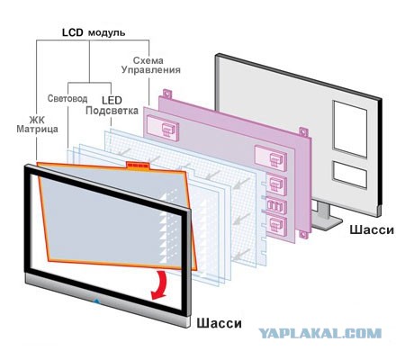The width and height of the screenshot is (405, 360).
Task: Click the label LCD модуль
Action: [x=94, y=32]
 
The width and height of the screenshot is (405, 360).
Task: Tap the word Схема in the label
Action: [x=148, y=60]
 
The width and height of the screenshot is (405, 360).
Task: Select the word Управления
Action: [x=151, y=70]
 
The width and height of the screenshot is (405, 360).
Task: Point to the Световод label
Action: [x=67, y=98]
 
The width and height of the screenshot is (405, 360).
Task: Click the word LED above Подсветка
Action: [x=112, y=100]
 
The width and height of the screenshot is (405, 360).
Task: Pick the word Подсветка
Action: [x=112, y=111]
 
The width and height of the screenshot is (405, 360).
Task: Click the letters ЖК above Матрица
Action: [x=37, y=120]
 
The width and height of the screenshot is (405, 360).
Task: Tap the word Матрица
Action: [x=37, y=130]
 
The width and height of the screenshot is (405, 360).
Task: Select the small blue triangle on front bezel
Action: [x=96, y=301]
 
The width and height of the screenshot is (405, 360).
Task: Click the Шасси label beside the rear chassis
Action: [x=372, y=229]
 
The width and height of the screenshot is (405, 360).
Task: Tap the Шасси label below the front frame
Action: [x=219, y=323]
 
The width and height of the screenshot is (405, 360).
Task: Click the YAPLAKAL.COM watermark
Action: [x=319, y=333]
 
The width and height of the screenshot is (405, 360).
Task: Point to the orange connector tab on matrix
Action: [x=138, y=166]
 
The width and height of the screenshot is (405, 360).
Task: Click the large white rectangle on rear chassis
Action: [x=350, y=130]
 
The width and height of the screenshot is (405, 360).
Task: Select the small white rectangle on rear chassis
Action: [x=350, y=175]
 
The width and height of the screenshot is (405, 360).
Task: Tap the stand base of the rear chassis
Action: [x=327, y=223]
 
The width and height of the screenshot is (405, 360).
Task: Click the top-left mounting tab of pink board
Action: [x=167, y=94]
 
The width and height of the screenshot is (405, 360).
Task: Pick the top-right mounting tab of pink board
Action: [x=303, y=132]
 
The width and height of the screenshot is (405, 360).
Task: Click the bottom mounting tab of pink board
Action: [x=303, y=235]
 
